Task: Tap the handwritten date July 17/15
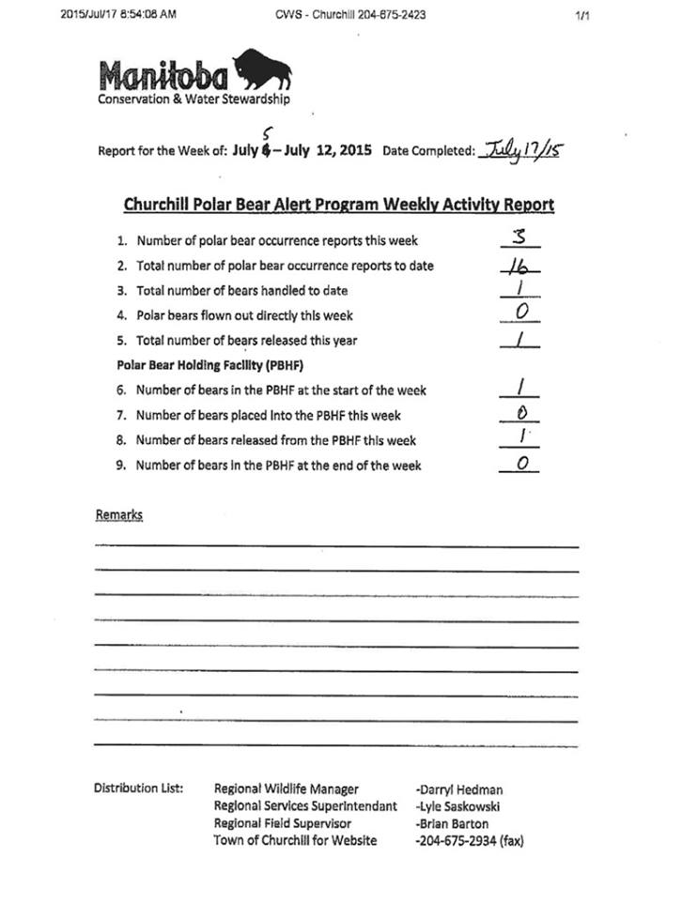tap(520, 150)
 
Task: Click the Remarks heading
tap(118, 514)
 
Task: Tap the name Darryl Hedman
tap(458, 789)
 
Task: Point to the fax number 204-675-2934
tap(469, 841)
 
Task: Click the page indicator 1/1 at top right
tap(581, 14)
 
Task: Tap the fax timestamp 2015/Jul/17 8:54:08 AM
tap(117, 14)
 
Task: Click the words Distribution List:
tap(138, 788)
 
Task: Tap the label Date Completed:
tap(428, 150)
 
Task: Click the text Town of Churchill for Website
tap(295, 841)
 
